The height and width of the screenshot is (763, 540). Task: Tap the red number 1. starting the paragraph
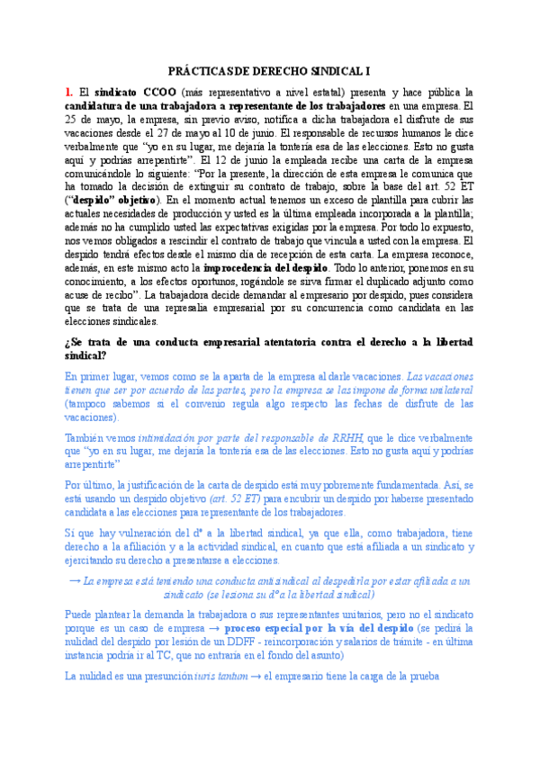click(x=69, y=92)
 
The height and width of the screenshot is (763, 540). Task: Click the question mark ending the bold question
click(x=107, y=355)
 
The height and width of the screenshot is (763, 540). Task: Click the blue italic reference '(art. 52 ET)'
click(x=236, y=498)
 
